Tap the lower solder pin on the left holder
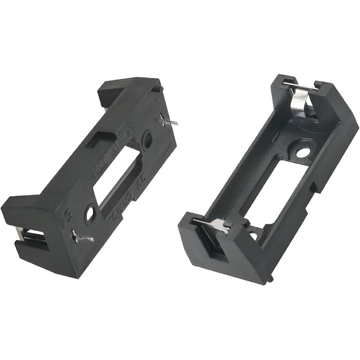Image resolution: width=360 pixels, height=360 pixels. coord(83,237)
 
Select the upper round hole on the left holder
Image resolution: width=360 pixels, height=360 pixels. coord(147,140)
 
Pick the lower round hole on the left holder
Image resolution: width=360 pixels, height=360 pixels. coord(90,214)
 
